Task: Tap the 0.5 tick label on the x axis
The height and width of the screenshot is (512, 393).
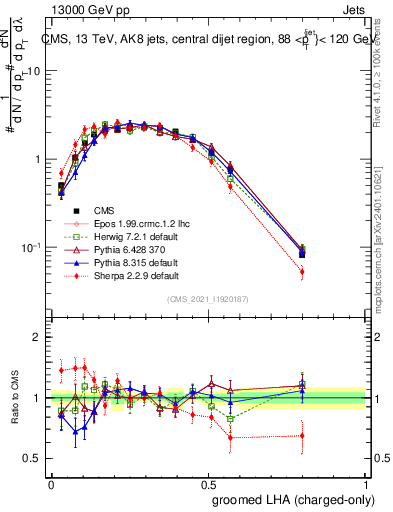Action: pyautogui.click(x=209, y=483)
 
